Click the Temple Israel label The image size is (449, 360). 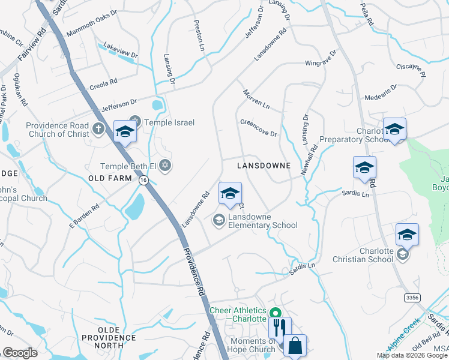pyautogui.click(x=169, y=122)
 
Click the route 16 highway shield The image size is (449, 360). pyautogui.click(x=143, y=180)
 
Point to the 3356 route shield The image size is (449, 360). pyautogui.click(x=412, y=297)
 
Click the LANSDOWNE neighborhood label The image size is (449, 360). pyautogui.click(x=264, y=165)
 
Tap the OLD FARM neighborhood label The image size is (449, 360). pyautogui.click(x=109, y=179)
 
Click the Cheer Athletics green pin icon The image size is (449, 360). pyautogui.click(x=276, y=313)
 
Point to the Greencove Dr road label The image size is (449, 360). pyautogui.click(x=259, y=127)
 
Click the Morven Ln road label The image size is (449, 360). pyautogui.click(x=256, y=98)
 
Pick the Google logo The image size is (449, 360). pyautogui.click(x=20, y=352)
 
